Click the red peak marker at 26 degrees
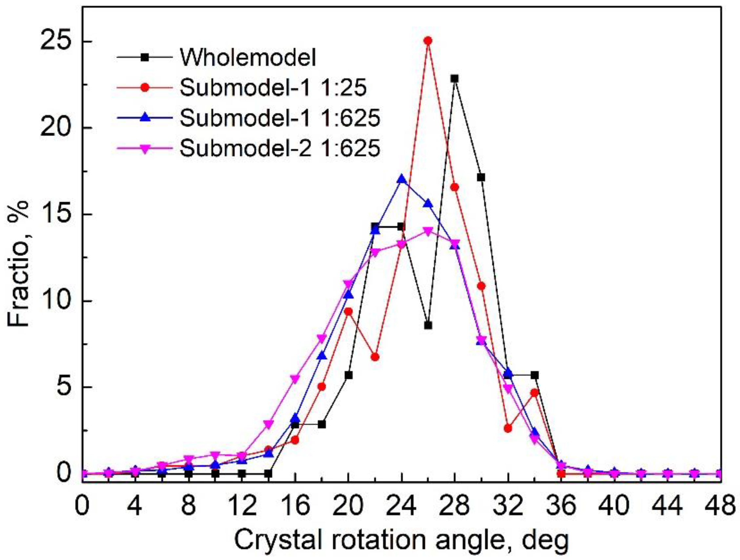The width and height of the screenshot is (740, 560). [x=428, y=41]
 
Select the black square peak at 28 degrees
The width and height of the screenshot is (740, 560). [x=455, y=79]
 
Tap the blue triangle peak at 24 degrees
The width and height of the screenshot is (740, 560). [x=401, y=180]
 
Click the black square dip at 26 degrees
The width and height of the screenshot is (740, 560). [x=428, y=325]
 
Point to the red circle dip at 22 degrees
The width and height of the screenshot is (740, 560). [x=375, y=357]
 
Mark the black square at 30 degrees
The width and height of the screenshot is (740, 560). [x=481, y=177]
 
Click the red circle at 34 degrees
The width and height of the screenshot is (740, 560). [x=534, y=393]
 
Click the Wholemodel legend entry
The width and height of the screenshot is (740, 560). [x=248, y=57]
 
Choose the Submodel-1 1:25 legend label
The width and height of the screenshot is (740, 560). [x=273, y=88]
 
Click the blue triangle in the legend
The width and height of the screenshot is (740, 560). [x=145, y=118]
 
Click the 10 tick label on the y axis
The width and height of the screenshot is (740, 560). [x=53, y=301]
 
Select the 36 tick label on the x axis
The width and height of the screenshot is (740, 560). [x=561, y=506]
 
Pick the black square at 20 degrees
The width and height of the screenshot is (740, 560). [x=348, y=376]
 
